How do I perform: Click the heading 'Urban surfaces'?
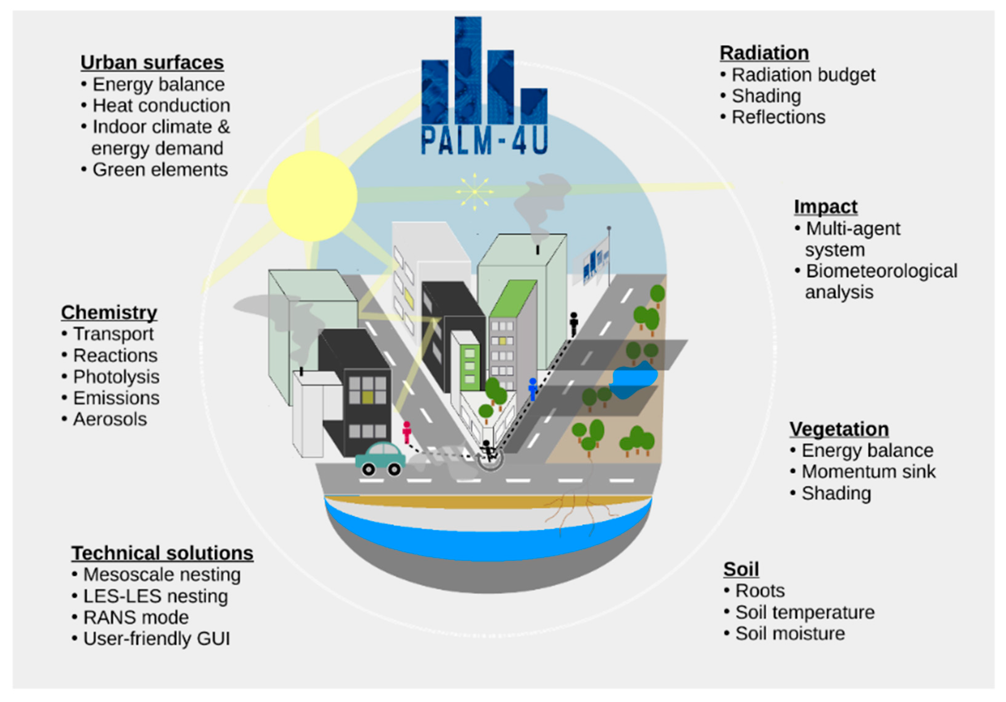[152, 62]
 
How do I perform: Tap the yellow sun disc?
[312, 196]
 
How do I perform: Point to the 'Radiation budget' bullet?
[803, 75]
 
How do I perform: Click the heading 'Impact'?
[826, 206]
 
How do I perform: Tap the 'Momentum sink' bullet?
[868, 472]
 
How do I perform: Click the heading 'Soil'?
[741, 569]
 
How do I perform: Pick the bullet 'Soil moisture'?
[790, 634]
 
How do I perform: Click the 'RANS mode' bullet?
[136, 617]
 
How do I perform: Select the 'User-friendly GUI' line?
[156, 639]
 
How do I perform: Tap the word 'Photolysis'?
[116, 377]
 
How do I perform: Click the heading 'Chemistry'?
[109, 312]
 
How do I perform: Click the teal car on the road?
[380, 458]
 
